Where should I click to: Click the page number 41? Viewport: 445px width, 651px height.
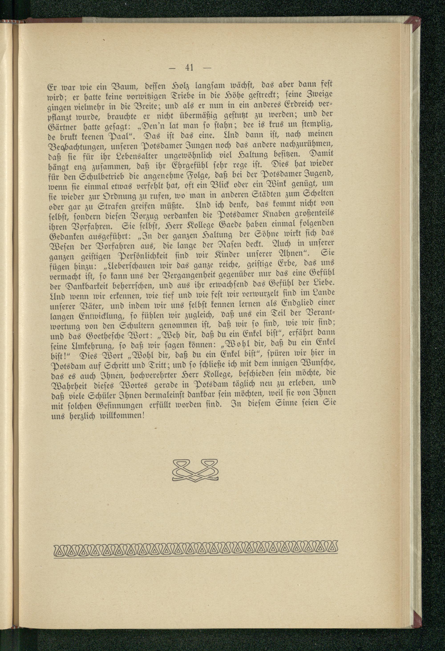coord(189,68)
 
